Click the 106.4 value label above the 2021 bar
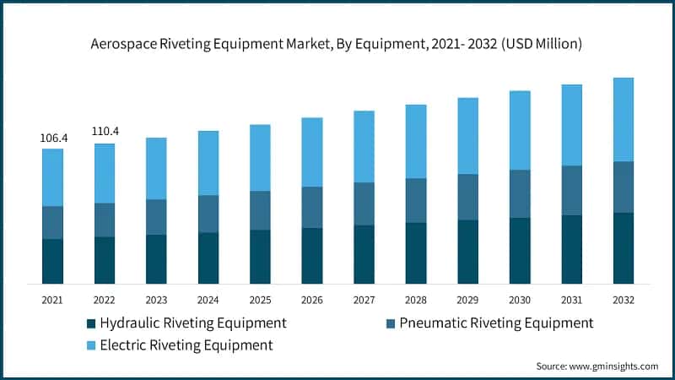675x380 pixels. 52,138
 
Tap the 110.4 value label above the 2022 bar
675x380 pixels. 105,132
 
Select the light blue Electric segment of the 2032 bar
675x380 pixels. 624,119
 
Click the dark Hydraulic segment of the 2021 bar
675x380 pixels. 52,261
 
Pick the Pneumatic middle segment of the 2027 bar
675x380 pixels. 364,204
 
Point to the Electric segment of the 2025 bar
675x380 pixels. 260,157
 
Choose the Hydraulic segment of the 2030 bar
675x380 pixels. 520,250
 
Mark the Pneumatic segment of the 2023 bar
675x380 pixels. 156,217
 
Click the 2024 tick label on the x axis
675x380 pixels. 208,300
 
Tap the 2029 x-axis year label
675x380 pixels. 468,300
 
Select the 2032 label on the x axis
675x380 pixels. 624,300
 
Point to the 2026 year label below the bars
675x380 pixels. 312,300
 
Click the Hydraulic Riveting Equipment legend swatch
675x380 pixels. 90,323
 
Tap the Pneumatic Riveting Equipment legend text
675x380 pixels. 496,323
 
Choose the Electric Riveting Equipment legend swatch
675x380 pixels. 90,345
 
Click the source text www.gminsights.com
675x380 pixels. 615,366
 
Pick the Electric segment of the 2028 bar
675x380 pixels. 416,141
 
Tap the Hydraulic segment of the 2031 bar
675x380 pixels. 572,249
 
